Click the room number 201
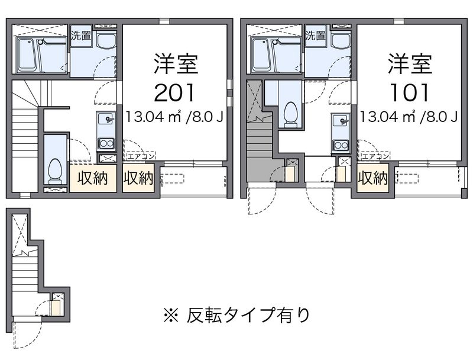174,92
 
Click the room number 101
409,92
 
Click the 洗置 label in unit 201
81,36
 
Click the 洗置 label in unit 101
315,36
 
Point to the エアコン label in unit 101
375,156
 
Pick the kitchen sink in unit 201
106,119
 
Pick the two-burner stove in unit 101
341,145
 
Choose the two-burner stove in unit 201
106,144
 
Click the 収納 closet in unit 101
373,178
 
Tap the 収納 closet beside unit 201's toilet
93,178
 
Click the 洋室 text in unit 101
410,64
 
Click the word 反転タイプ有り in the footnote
248,315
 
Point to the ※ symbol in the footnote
171,316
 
